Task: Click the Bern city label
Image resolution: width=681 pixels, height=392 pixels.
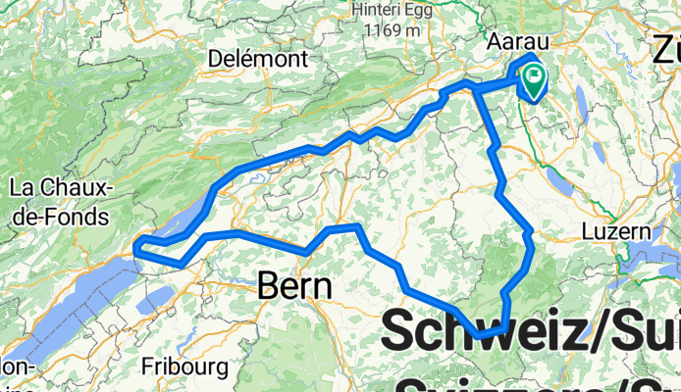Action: (295, 285)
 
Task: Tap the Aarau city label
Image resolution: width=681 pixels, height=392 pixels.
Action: (518, 44)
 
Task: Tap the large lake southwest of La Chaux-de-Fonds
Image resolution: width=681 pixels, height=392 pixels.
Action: (59, 294)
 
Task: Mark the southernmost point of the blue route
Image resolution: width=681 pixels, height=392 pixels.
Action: (481, 336)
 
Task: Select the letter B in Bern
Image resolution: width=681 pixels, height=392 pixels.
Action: (269, 285)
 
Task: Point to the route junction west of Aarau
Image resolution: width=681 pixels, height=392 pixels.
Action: (475, 89)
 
